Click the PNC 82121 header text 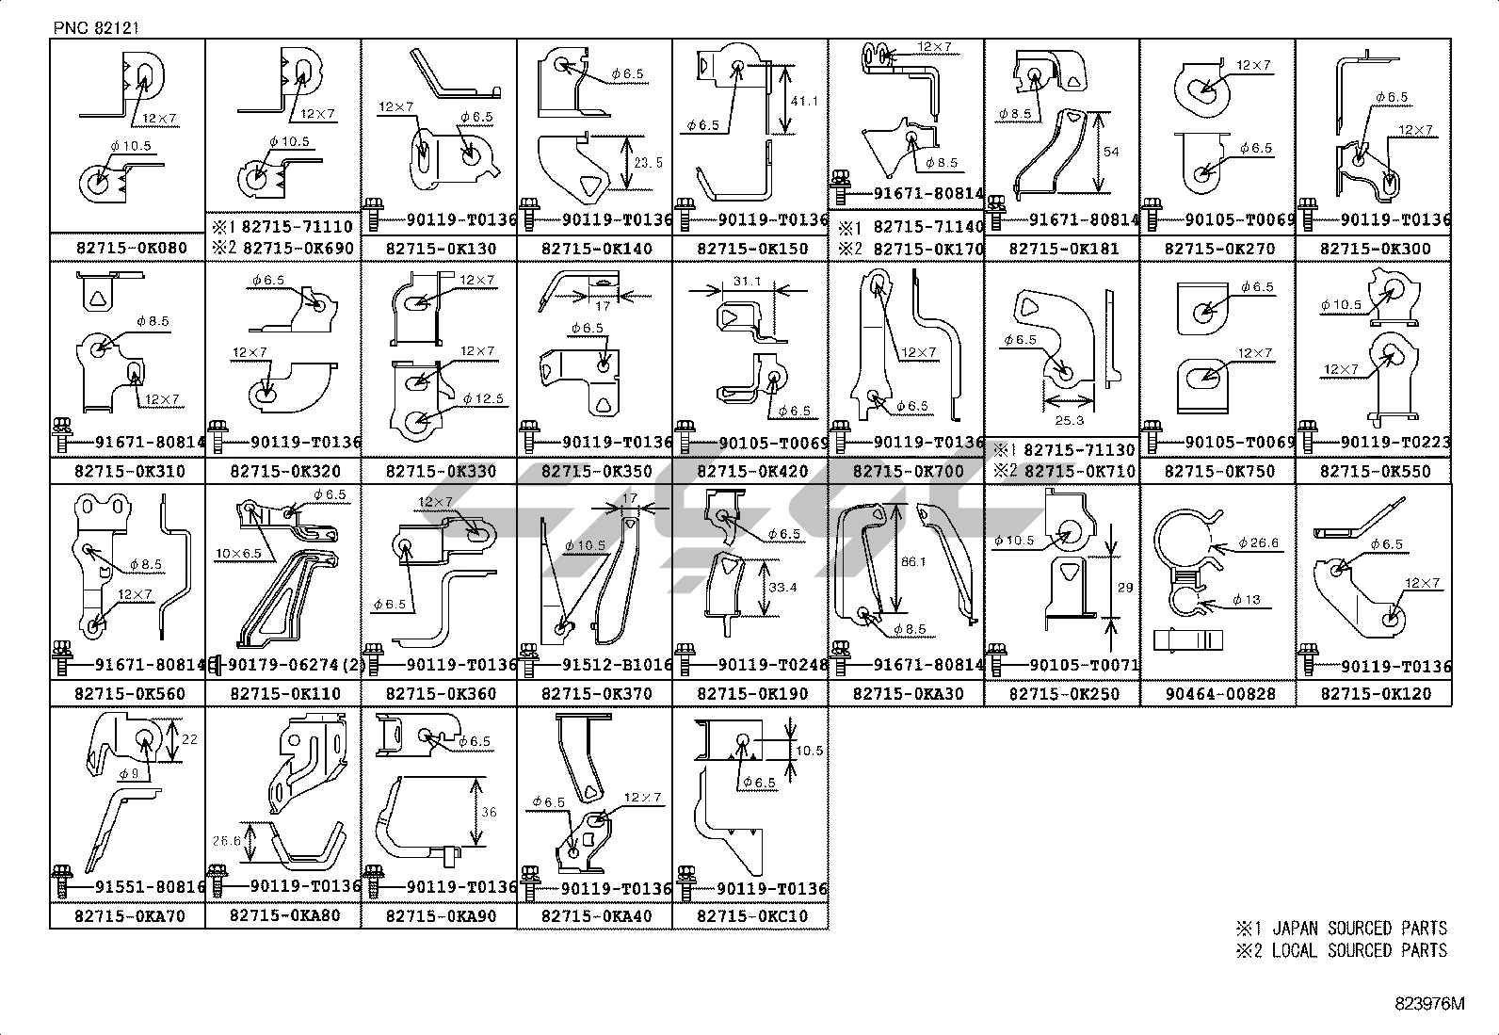[x=96, y=28]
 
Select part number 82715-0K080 [x=131, y=249]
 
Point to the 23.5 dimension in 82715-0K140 [x=647, y=162]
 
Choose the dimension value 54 [x=1111, y=152]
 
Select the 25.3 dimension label [x=1069, y=420]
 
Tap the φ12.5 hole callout [x=486, y=399]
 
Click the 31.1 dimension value [x=747, y=282]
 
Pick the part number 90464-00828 [x=1218, y=694]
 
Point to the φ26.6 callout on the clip [x=1258, y=543]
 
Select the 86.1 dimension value [x=912, y=561]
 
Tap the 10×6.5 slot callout [x=238, y=554]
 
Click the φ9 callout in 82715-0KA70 [x=129, y=773]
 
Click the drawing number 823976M [x=1429, y=1004]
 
